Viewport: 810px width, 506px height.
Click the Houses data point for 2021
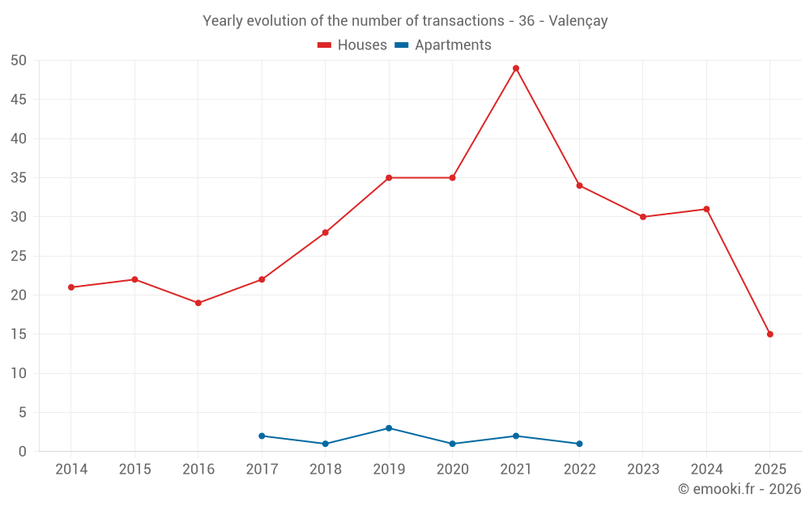click(516, 68)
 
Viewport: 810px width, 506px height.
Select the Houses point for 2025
click(770, 334)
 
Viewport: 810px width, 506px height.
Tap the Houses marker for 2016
click(198, 303)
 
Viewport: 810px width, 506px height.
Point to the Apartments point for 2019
click(389, 428)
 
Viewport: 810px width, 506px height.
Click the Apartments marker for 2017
click(262, 436)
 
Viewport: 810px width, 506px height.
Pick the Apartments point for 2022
click(579, 444)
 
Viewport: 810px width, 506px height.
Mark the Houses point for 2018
click(326, 232)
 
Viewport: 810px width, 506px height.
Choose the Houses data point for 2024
click(706, 209)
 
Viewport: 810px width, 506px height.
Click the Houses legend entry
click(352, 45)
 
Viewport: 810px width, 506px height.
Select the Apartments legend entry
click(443, 45)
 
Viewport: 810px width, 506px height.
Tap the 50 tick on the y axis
click(19, 61)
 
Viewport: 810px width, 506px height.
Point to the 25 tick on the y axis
click(19, 257)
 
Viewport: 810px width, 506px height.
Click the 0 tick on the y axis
click(23, 452)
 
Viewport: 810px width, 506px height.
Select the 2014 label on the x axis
click(71, 470)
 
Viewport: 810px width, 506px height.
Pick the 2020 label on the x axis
click(452, 470)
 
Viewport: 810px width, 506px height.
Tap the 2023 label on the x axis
click(643, 470)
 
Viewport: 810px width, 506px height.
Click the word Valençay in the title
click(578, 21)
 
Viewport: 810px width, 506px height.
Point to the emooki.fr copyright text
click(739, 489)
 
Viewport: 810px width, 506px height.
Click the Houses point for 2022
click(579, 185)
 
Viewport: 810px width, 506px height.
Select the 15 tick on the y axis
click(19, 334)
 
